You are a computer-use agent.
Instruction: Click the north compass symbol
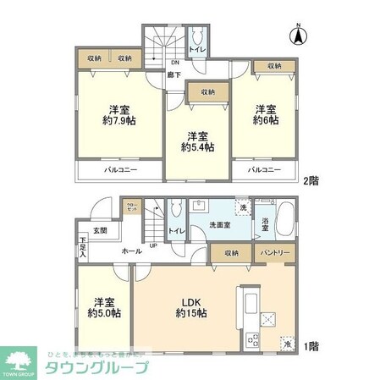pyautogui.click(x=297, y=36)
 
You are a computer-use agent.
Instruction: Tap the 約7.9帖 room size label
pyautogui.click(x=122, y=120)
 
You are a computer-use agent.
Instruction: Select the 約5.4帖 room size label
pyautogui.click(x=197, y=146)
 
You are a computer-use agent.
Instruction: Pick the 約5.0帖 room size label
pyautogui.click(x=104, y=312)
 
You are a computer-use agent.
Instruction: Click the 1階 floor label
pyautogui.click(x=312, y=345)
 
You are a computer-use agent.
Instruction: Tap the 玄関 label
pyautogui.click(x=100, y=231)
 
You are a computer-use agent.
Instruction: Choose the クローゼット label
pyautogui.click(x=131, y=207)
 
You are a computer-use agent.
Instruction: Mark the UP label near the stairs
pyautogui.click(x=152, y=246)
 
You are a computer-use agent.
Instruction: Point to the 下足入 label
pyautogui.click(x=83, y=247)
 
